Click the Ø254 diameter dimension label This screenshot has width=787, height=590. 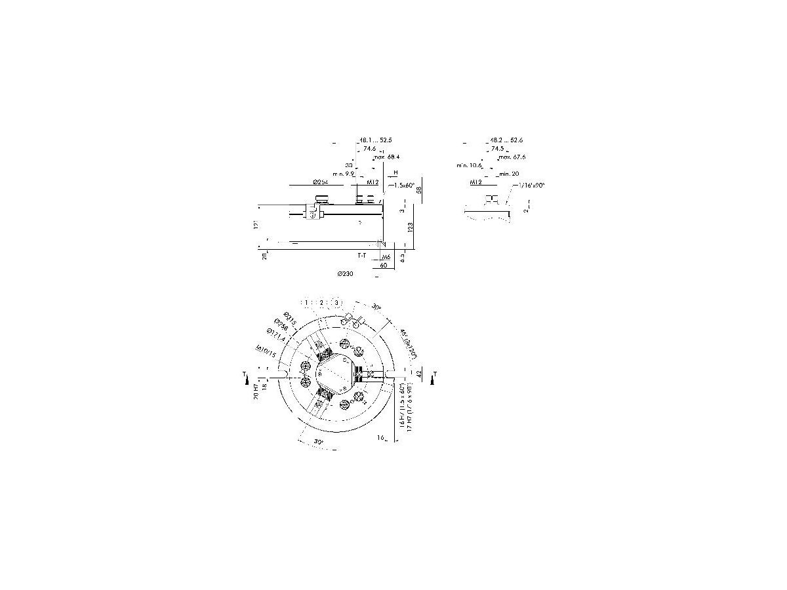[x=320, y=182]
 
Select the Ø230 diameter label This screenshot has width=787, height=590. [x=346, y=273]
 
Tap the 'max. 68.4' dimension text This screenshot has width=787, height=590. [x=387, y=157]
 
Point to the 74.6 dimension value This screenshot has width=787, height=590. [x=369, y=149]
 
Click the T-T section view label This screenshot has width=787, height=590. [x=362, y=254]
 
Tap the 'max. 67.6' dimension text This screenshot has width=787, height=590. [x=512, y=157]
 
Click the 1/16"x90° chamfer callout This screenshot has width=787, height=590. [x=531, y=186]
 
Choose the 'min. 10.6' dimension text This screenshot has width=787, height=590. [x=470, y=166]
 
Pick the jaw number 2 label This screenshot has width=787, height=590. [x=321, y=302]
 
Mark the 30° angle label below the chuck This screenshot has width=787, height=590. [x=319, y=442]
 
